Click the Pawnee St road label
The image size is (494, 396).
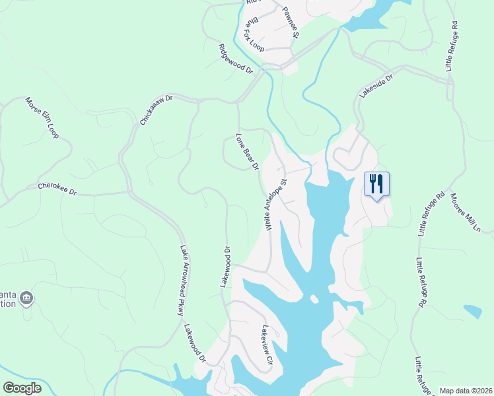291,23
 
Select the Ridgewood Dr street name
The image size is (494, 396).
236,59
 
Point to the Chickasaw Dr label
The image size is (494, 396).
156,110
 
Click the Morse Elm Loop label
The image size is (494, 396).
42,118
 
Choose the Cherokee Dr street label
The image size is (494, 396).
57,189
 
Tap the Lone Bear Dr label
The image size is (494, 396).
247,152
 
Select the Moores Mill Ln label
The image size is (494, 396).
466,213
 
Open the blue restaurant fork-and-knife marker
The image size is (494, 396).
376,183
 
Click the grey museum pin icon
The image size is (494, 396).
26,298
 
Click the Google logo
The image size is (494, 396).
22,388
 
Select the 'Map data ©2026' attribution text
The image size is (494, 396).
465,391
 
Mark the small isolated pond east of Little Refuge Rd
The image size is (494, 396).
473,311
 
